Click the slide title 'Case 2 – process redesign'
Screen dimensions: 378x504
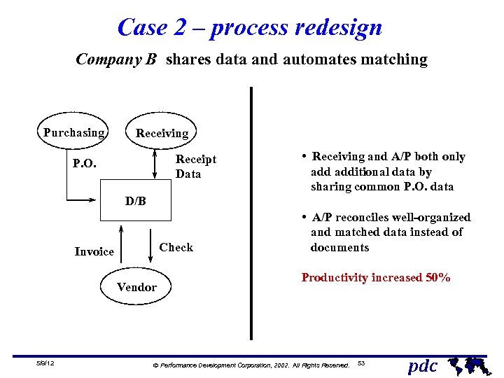pos(250,27)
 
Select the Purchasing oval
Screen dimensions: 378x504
pos(73,132)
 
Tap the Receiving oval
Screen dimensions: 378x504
pos(162,133)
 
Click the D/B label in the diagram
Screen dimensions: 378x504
pos(136,202)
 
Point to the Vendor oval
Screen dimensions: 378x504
pos(136,287)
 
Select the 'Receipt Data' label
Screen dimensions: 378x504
pos(195,167)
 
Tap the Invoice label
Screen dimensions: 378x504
pos(94,251)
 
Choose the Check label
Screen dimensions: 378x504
pos(176,247)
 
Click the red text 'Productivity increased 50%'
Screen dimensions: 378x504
pos(375,278)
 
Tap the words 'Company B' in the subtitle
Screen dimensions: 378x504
pos(116,59)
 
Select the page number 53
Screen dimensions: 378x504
pos(361,363)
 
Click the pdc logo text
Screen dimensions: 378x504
pos(422,365)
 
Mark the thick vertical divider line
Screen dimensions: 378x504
pos(251,210)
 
